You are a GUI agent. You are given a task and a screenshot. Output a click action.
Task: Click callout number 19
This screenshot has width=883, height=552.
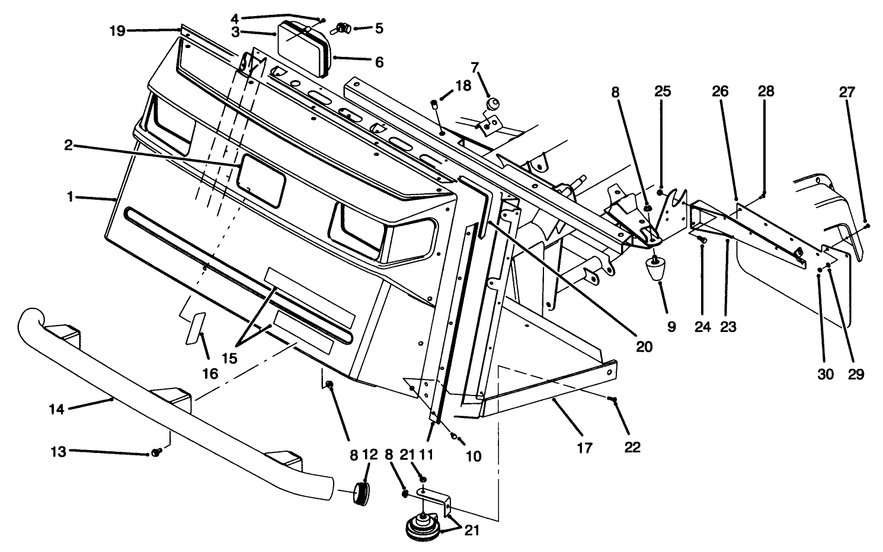coord(117,31)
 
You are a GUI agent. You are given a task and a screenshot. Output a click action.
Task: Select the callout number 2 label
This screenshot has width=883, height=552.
coord(69,145)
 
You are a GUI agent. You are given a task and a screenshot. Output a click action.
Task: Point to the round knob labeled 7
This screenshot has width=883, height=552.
coord(491,104)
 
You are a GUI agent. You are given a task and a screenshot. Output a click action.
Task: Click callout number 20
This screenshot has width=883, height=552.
coord(644,346)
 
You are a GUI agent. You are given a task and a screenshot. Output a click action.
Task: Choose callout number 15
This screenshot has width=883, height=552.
coord(229,358)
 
